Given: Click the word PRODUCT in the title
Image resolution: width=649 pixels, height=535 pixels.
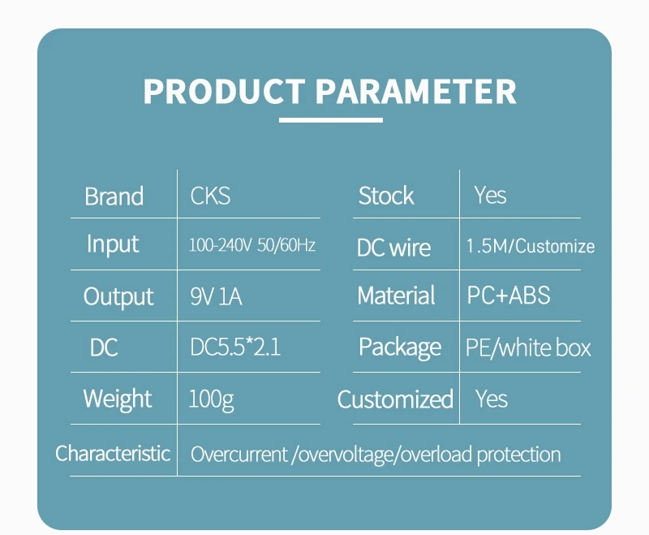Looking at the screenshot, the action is (224, 91).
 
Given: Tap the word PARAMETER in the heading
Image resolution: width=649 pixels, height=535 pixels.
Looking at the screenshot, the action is (416, 91).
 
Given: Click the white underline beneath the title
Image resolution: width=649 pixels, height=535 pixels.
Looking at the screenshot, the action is (331, 120).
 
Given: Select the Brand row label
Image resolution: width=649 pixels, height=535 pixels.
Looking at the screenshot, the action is (114, 196).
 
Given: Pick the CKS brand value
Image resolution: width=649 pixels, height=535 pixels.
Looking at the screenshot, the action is (210, 196).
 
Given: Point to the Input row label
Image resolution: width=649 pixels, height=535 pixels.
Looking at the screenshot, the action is (113, 244).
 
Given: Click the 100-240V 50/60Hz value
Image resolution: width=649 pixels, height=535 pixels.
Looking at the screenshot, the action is (252, 245).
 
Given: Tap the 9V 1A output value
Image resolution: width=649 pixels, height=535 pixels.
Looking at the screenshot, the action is (216, 296).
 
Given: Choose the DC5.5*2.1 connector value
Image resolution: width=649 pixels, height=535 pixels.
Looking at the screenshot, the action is (235, 347).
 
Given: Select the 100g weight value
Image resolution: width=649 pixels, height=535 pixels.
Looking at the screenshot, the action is (211, 399).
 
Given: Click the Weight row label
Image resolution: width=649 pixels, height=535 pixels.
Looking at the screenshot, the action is (118, 399).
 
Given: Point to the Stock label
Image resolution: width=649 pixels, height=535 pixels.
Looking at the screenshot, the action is (386, 196).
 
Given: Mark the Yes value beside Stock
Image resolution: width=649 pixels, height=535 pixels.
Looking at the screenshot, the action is (490, 195).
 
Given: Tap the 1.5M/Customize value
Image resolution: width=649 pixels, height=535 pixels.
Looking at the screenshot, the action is (531, 246).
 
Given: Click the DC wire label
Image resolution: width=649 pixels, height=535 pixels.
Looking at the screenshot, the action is (393, 248).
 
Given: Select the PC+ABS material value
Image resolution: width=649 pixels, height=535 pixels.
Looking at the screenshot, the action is (509, 296).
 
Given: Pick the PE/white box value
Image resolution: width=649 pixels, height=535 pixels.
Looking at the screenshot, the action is (528, 347).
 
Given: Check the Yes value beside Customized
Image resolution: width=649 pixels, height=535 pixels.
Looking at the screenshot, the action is (492, 399).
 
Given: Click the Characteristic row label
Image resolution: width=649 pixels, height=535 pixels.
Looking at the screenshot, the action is (113, 454).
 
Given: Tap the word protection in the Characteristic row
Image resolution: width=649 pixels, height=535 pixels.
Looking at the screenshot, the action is (519, 455).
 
